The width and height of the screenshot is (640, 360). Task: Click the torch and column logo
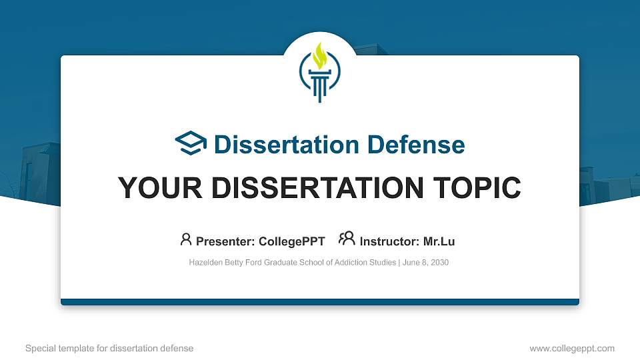320,73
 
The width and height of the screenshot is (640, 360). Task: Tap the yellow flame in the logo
320,55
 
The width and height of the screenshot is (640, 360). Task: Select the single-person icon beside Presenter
186,239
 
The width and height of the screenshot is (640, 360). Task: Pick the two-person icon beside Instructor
347,239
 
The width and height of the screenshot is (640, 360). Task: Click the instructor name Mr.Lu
439,241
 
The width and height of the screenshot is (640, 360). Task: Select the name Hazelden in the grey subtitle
206,263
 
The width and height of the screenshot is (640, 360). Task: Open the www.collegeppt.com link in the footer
572,348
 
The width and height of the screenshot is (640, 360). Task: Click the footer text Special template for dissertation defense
109,348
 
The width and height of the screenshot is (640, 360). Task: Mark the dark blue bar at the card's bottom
320,302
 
